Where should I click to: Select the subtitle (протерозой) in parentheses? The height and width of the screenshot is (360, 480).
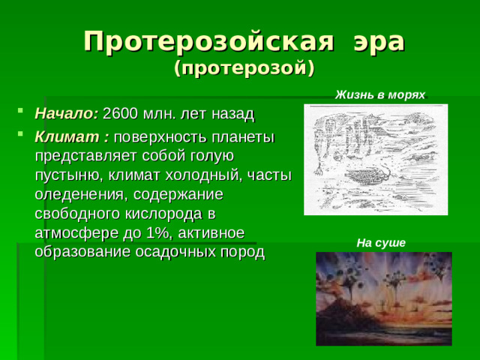click(244, 69)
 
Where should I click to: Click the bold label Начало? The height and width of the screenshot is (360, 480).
click(67, 114)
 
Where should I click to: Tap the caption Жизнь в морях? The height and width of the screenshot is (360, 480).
click(379, 94)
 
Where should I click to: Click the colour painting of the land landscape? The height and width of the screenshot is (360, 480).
click(383, 298)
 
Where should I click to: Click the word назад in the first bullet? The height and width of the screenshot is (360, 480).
click(235, 114)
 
